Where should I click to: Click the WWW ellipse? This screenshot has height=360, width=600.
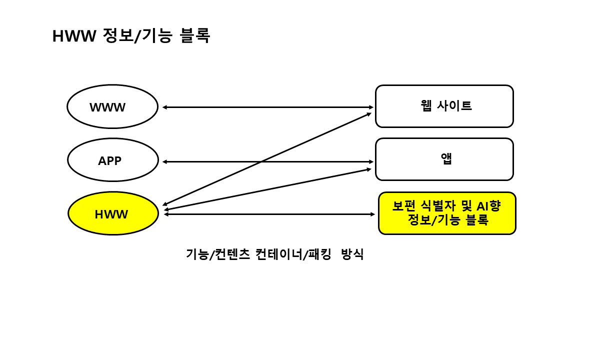[112, 107]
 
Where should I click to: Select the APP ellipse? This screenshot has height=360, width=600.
[112, 160]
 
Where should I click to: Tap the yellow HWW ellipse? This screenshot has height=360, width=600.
[112, 213]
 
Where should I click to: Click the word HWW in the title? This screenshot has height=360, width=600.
[73, 36]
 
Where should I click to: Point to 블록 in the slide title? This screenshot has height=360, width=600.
[194, 36]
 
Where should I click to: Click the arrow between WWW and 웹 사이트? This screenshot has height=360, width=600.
[267, 107]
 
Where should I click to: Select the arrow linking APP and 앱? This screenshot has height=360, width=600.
[267, 161]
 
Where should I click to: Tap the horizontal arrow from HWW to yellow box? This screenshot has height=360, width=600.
[270, 214]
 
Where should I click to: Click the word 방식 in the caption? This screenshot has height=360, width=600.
[352, 254]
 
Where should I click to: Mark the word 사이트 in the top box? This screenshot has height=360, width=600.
[454, 105]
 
